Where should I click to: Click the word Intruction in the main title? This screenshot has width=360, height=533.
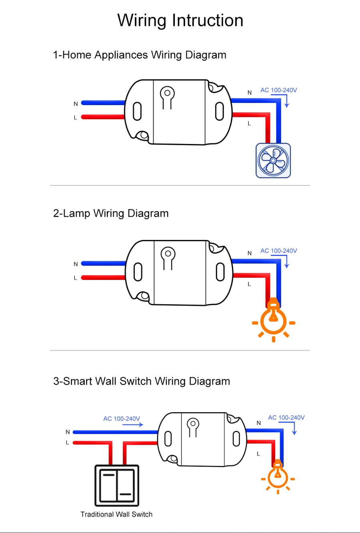(x=208, y=20)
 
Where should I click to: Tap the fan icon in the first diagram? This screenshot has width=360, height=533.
(x=273, y=160)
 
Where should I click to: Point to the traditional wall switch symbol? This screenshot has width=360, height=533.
(x=117, y=485)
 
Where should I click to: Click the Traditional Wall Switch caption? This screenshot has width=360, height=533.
(x=116, y=514)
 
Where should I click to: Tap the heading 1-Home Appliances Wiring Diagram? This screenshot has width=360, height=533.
(x=140, y=55)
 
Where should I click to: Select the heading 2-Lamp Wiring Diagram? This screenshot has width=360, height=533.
(x=111, y=213)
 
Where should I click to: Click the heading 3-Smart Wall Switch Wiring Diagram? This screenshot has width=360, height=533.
(x=142, y=381)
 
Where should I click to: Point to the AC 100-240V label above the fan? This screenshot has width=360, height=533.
(x=279, y=90)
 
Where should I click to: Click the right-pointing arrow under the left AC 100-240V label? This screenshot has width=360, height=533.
(x=133, y=425)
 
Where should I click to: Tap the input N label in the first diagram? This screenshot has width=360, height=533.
(x=76, y=104)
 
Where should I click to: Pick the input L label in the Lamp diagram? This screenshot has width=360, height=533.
(x=75, y=278)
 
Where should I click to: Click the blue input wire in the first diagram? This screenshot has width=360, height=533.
(x=103, y=103)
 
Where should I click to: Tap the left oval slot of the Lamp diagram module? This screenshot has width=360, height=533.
(x=138, y=272)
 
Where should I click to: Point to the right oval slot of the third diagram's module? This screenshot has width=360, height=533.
(x=236, y=439)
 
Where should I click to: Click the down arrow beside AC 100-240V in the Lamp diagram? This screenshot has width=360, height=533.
(x=286, y=262)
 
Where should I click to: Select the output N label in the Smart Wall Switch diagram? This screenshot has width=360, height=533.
(x=259, y=423)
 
